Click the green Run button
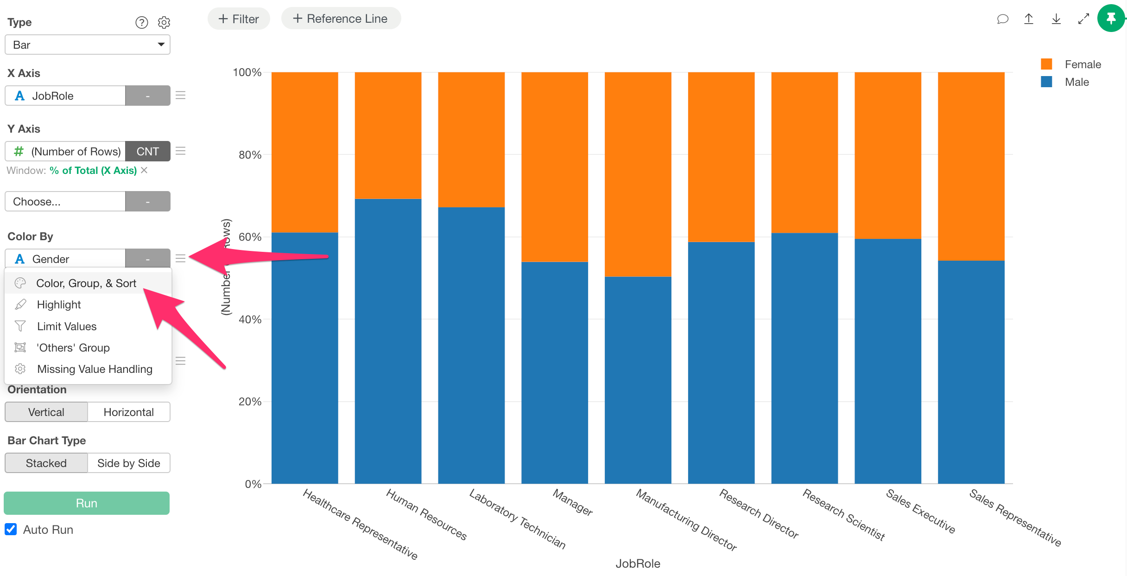point(87,503)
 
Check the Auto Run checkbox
point(11,529)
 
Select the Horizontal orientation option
point(128,412)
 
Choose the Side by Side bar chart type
point(128,463)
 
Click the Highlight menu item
point(59,305)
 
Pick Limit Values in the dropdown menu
point(67,326)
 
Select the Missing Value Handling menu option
point(95,369)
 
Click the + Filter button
point(239,19)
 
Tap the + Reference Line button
point(341,19)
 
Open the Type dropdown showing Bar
point(88,45)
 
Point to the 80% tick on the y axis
point(250,155)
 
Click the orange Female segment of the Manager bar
point(554,167)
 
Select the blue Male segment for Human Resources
point(388,341)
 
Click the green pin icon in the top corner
point(1111,19)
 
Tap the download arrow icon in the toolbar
point(1056,19)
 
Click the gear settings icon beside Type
point(164,22)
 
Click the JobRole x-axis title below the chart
point(638,563)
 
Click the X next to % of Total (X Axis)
point(145,170)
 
